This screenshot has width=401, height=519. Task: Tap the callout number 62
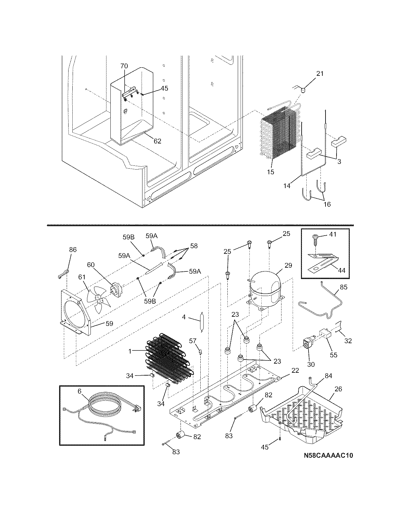[157, 141]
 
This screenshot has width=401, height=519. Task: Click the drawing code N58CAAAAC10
[328, 456]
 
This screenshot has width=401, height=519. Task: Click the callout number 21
[320, 74]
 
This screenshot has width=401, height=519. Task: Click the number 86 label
[73, 250]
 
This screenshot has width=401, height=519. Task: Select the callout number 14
[287, 186]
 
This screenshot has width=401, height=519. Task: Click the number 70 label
[124, 66]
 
